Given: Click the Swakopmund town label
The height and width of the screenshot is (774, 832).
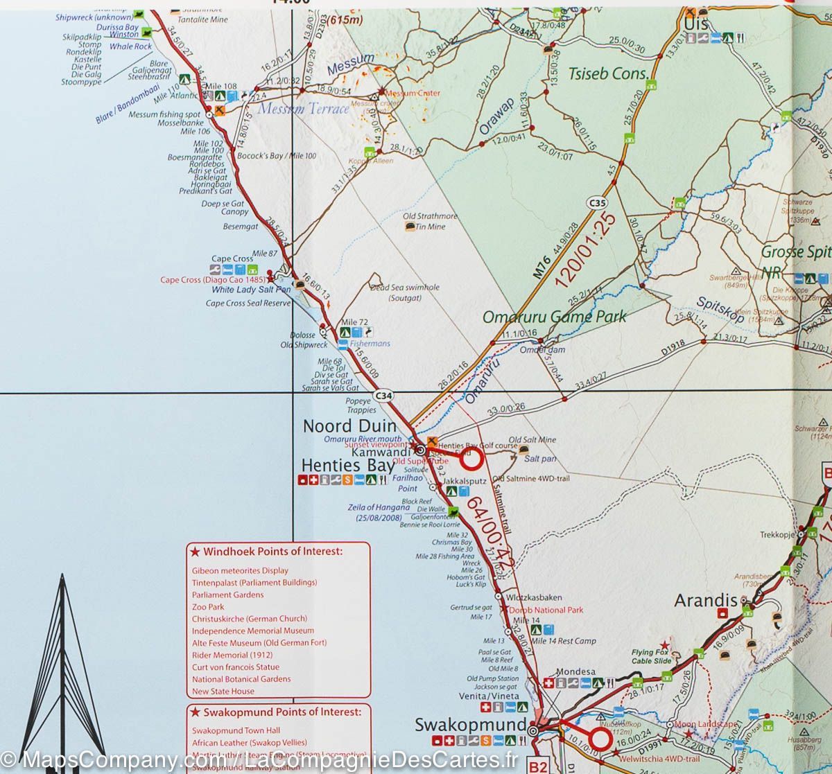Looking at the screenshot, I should (470, 725).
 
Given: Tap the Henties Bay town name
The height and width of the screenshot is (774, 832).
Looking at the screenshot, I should (347, 465).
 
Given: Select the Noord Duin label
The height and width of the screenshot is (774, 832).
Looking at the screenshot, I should (349, 426).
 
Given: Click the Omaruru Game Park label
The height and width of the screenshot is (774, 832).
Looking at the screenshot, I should (554, 317).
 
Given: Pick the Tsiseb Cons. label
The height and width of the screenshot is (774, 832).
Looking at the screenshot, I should (608, 73).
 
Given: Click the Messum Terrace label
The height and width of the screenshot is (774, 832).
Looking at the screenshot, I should (303, 109).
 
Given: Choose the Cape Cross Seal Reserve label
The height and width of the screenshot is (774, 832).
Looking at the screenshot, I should (248, 303).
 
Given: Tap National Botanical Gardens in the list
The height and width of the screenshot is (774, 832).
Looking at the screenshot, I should (241, 679).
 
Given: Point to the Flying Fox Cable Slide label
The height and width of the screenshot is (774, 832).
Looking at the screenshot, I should (652, 656).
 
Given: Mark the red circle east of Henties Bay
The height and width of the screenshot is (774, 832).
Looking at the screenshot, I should (471, 459).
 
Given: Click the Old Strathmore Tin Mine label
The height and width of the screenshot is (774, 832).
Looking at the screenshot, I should (430, 221).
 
